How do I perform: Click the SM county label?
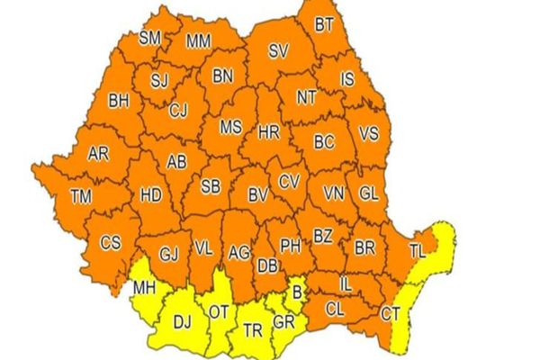(150, 38)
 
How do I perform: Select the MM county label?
(198, 41)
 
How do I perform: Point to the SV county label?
(278, 52)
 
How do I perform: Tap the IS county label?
(346, 81)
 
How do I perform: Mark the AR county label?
(98, 154)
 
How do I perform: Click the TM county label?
(81, 195)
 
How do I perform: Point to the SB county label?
(210, 186)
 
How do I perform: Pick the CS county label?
(110, 242)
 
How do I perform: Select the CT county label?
(390, 313)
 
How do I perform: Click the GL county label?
(368, 193)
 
